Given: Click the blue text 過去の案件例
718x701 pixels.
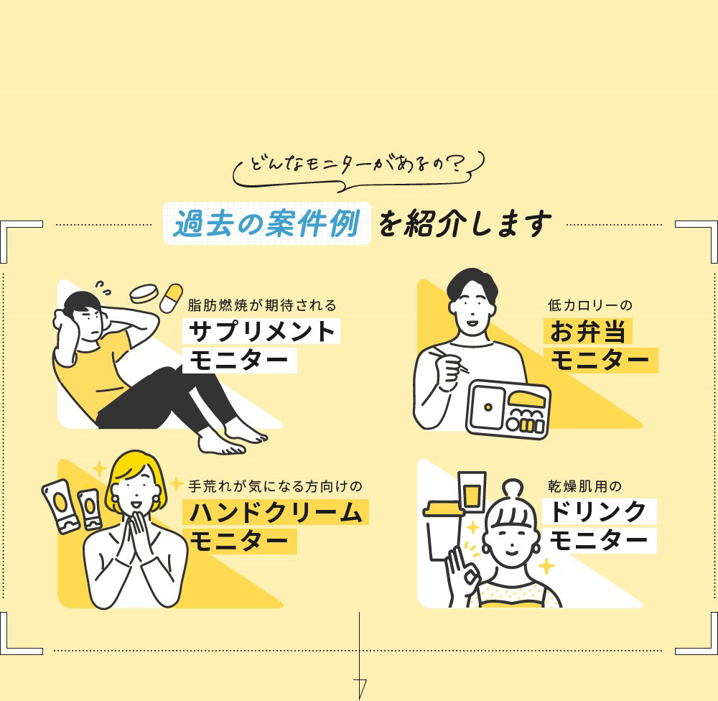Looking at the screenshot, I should point(266,224).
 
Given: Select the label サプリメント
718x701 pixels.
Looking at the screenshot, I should point(261,331).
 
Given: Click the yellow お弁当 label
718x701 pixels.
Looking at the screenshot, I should point(588,331).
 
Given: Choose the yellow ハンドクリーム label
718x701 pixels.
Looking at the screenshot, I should point(276,512).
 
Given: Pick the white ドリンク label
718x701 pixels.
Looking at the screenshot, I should point(600,512).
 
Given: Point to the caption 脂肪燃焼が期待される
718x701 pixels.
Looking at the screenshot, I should point(261,305).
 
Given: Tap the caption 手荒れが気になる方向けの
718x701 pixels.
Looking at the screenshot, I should point(276,486).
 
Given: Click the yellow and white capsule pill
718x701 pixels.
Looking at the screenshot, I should point(172,297).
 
